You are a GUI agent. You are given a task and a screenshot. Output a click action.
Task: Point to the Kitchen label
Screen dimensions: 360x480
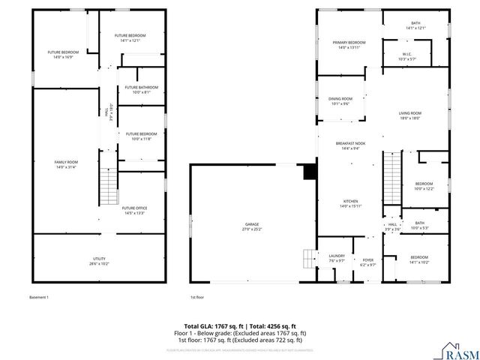tap(350, 202)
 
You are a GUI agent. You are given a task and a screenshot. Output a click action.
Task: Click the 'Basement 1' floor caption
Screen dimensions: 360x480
tap(39, 297)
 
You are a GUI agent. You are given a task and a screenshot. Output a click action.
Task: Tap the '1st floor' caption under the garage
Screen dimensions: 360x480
tap(197, 297)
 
